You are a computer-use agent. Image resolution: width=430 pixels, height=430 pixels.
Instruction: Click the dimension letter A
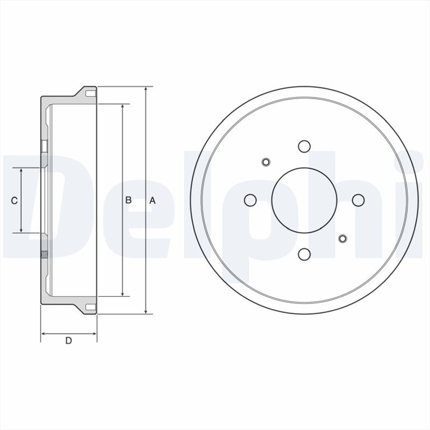(152, 200)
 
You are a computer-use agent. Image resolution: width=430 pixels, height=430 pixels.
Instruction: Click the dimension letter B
(128, 200)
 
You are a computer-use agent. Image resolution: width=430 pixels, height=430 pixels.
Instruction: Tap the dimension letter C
(15, 200)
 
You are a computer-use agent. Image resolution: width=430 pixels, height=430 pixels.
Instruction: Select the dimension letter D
(68, 340)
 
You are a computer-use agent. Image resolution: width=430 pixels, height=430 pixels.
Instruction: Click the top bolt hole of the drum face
(304, 146)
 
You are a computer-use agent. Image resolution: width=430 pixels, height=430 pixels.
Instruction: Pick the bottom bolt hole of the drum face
(304, 254)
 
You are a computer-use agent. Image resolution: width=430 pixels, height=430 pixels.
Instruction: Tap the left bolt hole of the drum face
(250, 200)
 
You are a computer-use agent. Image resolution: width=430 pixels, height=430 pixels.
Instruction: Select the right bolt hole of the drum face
(358, 200)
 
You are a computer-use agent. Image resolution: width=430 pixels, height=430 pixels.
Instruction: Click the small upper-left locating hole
(266, 162)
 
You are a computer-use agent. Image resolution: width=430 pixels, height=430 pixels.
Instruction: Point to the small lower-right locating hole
(343, 239)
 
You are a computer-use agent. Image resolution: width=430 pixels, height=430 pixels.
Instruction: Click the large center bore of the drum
(304, 200)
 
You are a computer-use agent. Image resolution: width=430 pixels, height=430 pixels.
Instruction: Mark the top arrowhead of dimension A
(146, 90)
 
